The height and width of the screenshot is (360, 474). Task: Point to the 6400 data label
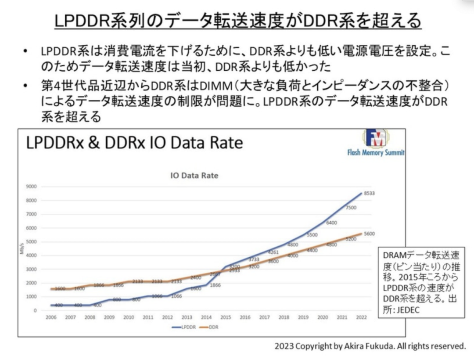pos(331,223)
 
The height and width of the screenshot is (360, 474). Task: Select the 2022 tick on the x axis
pos(361,317)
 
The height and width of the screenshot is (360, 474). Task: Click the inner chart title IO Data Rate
pos(194,176)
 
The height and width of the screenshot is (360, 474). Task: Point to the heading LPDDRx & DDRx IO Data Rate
pos(134,143)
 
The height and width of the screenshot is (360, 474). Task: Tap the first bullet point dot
pos(27,51)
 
